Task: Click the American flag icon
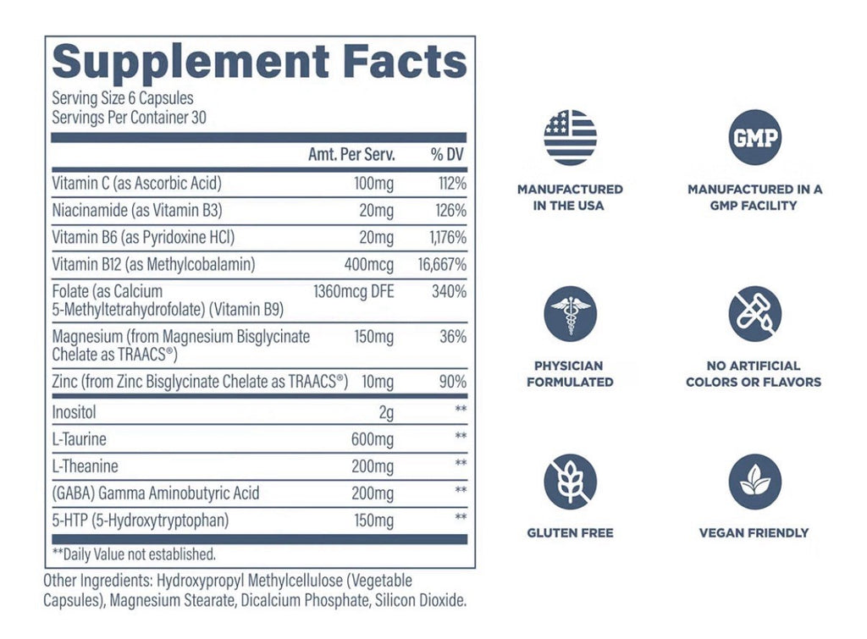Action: (x=570, y=137)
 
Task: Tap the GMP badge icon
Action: (x=754, y=137)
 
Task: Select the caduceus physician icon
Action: (x=570, y=313)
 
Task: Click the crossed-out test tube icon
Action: (x=754, y=313)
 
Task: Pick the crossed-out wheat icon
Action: (x=570, y=482)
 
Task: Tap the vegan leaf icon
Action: (x=754, y=482)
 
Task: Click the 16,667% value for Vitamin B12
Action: (x=442, y=265)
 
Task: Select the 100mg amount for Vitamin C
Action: (x=373, y=184)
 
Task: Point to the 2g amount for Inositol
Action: (x=386, y=412)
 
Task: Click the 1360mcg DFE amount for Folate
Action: (x=354, y=291)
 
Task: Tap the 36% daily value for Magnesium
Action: (x=453, y=337)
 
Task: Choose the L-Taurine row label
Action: (x=79, y=439)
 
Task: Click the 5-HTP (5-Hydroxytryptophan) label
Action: (x=141, y=521)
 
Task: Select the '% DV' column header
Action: (x=447, y=154)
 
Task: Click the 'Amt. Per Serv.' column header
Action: (x=351, y=154)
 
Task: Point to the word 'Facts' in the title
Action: (x=405, y=61)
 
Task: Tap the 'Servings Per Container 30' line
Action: (x=129, y=118)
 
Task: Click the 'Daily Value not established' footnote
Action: (x=134, y=554)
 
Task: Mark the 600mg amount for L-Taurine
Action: (x=373, y=439)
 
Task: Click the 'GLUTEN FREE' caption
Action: (x=570, y=533)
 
